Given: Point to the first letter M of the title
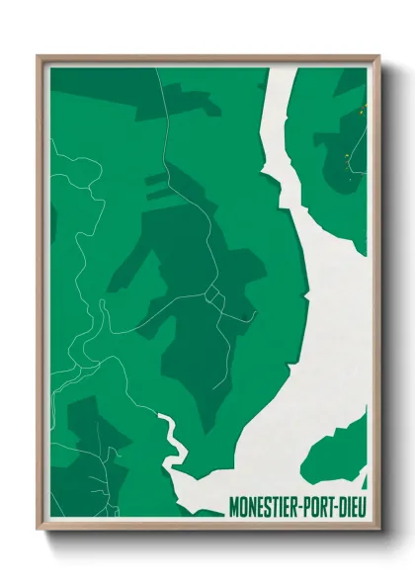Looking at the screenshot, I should pyautogui.click(x=232, y=507).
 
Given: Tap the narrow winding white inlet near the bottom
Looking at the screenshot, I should pyautogui.click(x=172, y=435).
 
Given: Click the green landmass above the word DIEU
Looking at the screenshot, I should pyautogui.click(x=341, y=459).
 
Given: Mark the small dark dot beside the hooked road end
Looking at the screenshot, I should pyautogui.click(x=244, y=316).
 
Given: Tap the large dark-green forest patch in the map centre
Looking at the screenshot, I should pyautogui.click(x=188, y=296).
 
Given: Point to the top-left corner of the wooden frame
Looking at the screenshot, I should pyautogui.click(x=39, y=56).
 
